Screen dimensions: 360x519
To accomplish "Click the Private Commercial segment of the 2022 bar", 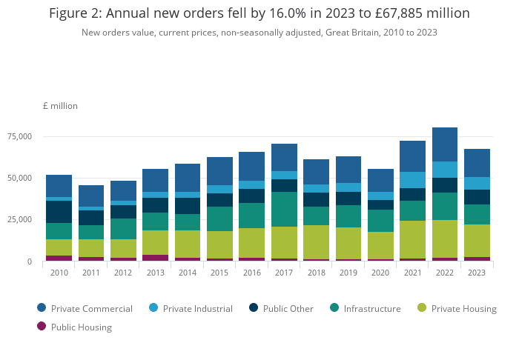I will pos(445,144).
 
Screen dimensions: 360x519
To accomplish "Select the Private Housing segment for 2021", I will pos(412,239).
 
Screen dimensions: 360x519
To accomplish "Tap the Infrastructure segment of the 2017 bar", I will pos(284,209).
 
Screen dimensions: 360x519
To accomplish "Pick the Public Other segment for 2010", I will pos(59,212).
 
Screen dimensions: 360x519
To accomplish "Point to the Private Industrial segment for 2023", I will pos(477,183).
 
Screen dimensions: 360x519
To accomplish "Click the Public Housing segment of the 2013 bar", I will pos(155,258).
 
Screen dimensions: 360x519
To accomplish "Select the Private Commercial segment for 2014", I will pos(188,178).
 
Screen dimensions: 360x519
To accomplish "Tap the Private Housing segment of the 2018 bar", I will pos(316,242).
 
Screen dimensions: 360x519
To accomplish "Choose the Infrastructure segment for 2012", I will pos(123,229).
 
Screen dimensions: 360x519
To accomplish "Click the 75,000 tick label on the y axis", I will pos(19,136).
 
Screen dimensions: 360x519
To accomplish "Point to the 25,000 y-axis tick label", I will pos(19,220).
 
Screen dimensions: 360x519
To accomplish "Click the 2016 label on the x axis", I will pos(251,273).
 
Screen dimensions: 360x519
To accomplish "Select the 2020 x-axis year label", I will pos(380,273).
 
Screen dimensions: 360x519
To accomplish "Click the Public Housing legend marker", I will pos(42,327).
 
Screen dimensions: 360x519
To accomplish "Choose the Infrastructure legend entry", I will pos(372,308).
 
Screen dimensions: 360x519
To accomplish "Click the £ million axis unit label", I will pos(60,106).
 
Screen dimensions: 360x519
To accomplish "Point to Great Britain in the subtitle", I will pos(353,33).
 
